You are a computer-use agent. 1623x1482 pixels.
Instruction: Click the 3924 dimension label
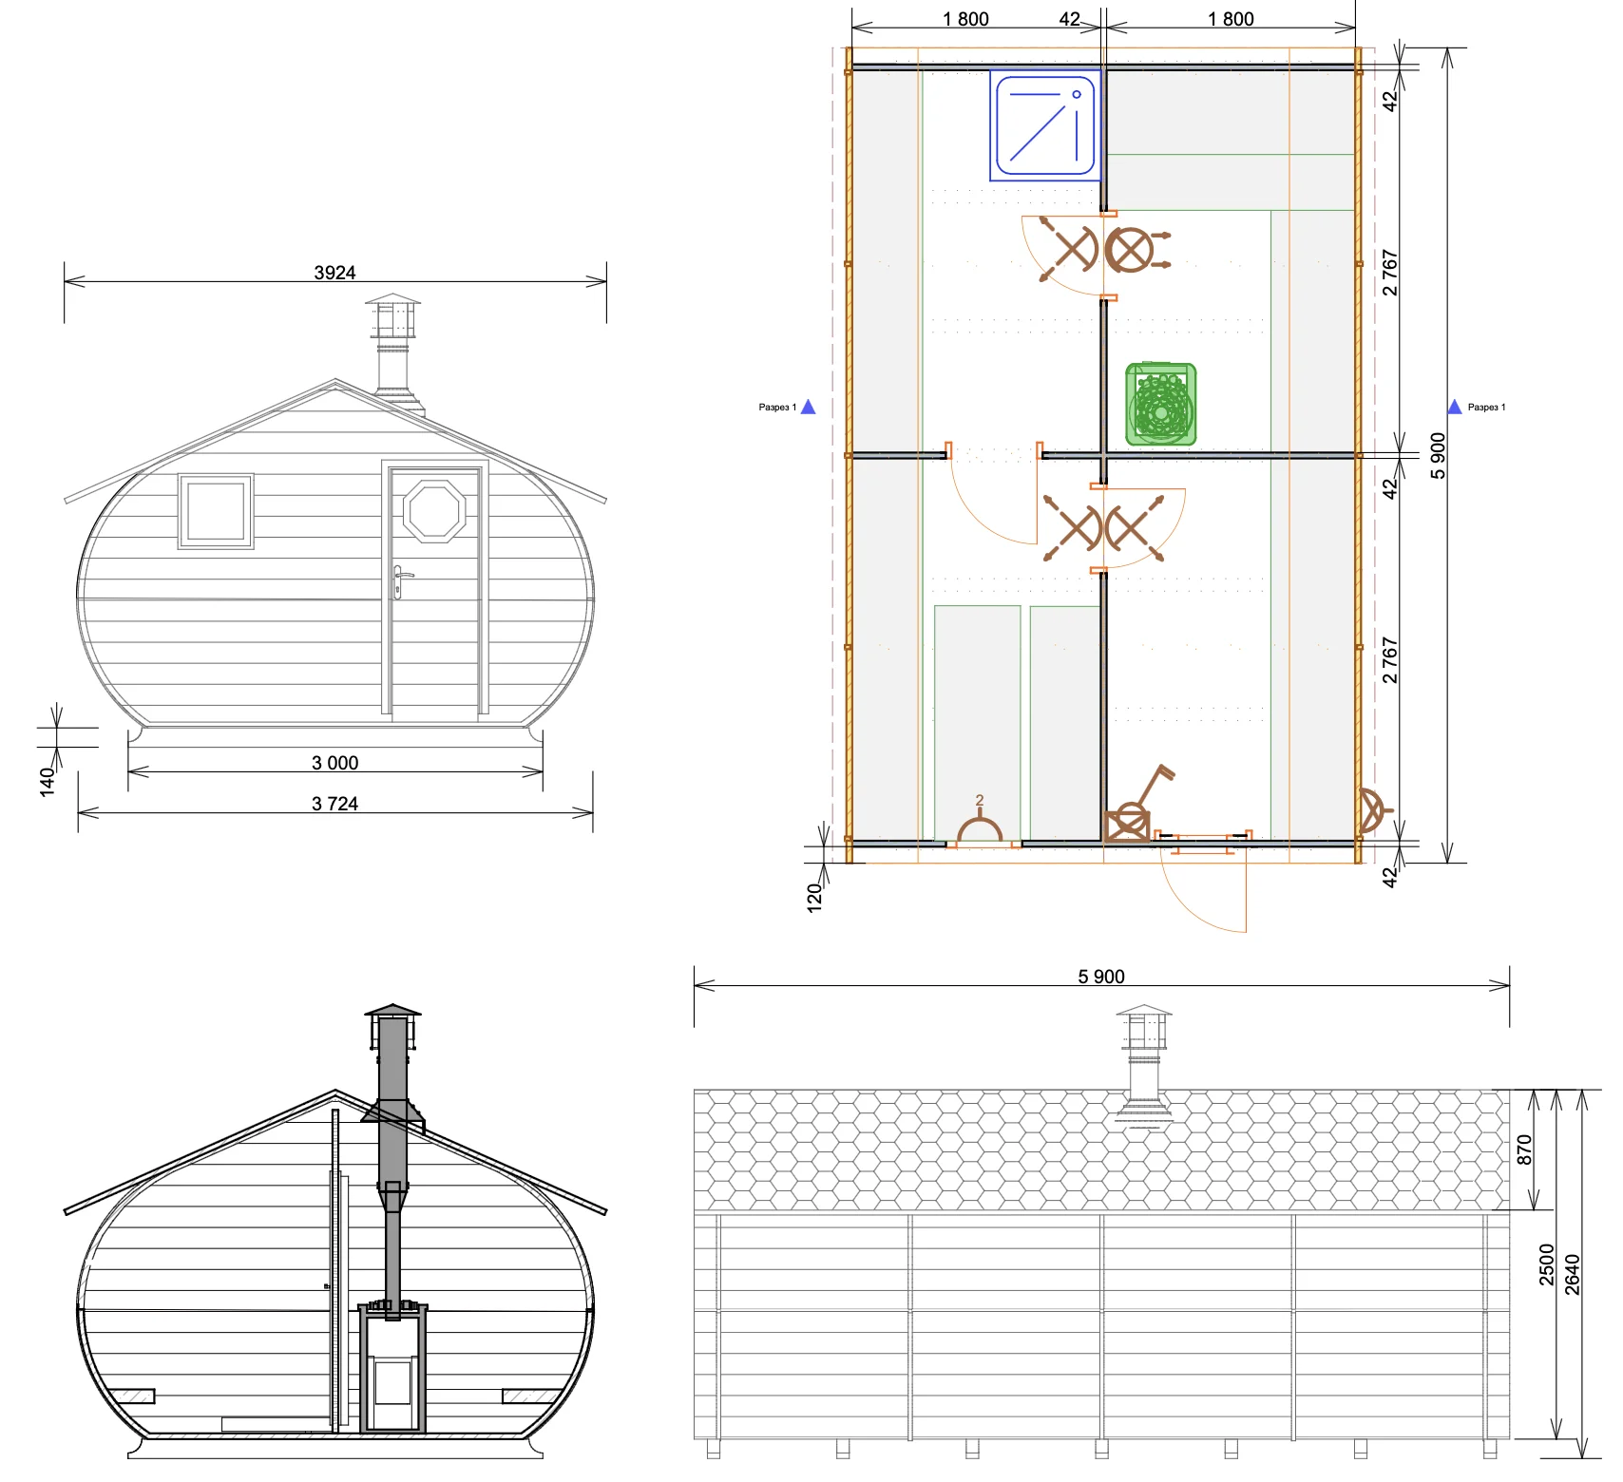tap(334, 273)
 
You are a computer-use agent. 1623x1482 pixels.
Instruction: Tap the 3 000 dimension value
tap(334, 763)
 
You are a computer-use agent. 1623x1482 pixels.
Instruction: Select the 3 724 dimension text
tap(334, 804)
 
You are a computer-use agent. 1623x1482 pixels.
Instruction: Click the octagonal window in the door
tap(434, 511)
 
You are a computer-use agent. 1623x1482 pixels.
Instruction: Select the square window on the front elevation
tap(216, 511)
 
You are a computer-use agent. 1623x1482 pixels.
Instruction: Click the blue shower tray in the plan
tap(1045, 125)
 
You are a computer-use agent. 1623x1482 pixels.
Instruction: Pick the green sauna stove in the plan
tap(1160, 405)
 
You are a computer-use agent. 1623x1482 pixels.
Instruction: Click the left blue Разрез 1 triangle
tap(808, 407)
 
